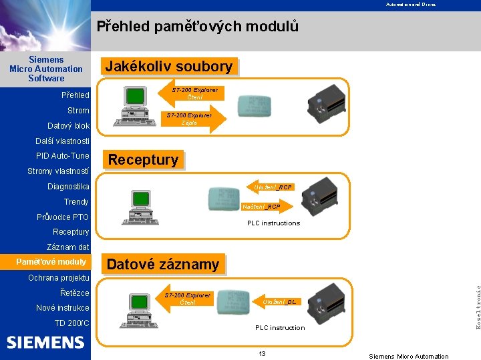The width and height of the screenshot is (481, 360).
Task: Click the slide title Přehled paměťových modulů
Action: pos(197,27)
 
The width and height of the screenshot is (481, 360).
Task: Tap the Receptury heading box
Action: pos(143,159)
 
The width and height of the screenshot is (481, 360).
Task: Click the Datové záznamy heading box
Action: pos(163,264)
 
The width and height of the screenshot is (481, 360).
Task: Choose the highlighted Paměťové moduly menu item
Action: pos(51,262)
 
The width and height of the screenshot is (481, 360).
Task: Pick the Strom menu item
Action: pos(78,111)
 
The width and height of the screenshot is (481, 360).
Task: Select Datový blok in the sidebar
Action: pos(68,126)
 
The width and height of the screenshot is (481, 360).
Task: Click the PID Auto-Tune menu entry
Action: pos(62,156)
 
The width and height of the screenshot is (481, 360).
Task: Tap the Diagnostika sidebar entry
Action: pos(68,187)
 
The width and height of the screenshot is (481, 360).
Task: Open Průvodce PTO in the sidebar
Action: pos(63,217)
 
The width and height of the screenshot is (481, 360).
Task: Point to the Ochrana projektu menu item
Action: pos(59,277)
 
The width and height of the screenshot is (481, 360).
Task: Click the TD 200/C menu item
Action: pos(71,323)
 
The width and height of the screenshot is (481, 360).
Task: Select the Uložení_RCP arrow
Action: pos(271,187)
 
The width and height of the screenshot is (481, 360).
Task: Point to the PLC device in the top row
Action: pos(326,104)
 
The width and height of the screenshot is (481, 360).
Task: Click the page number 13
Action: pos(263,353)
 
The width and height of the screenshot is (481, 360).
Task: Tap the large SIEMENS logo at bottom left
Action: pos(45,343)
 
